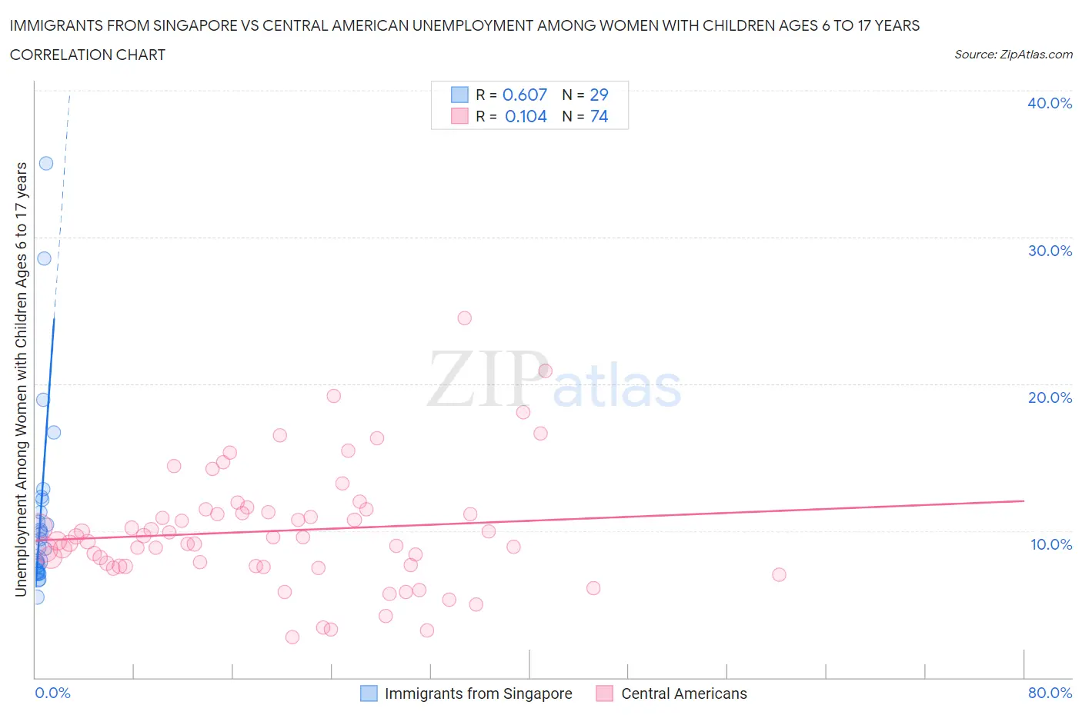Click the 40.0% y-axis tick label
click(x=1049, y=103)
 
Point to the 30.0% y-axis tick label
click(x=1049, y=251)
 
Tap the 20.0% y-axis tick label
click(x=1049, y=397)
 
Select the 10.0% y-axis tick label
click(x=1050, y=544)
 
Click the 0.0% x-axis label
click(x=52, y=693)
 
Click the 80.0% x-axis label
click(x=1050, y=693)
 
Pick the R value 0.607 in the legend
click(x=525, y=95)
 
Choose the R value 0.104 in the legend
click(x=526, y=116)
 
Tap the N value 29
click(x=599, y=95)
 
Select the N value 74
click(x=599, y=116)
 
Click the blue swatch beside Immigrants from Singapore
click(x=369, y=693)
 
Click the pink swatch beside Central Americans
click(x=605, y=693)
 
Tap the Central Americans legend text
click(x=683, y=693)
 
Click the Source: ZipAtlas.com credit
click(x=1013, y=55)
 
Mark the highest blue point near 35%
click(x=46, y=163)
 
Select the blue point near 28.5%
click(x=45, y=258)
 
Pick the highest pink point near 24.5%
click(x=464, y=318)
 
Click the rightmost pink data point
click(x=779, y=574)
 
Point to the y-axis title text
click(x=21, y=379)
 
